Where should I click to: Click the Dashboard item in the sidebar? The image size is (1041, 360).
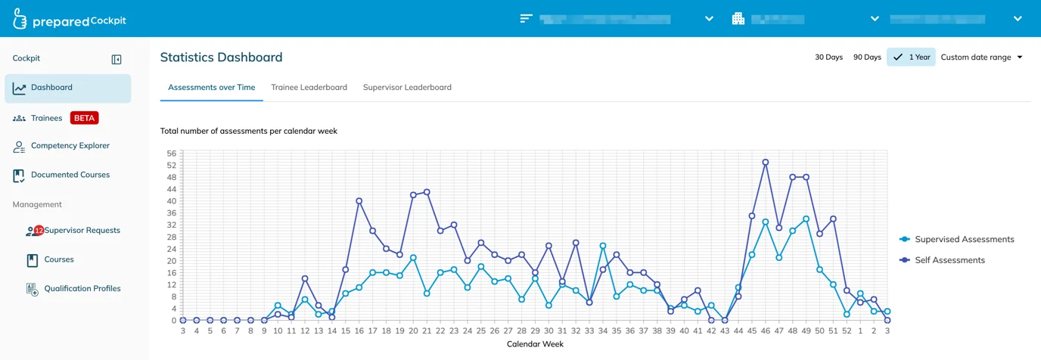click(51, 88)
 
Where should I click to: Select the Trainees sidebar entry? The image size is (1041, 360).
click(46, 118)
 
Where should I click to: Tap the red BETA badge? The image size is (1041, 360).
click(84, 118)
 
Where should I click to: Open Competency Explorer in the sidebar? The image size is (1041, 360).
click(70, 146)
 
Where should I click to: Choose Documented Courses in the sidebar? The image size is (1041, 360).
click(70, 175)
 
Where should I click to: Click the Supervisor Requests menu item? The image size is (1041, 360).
click(82, 231)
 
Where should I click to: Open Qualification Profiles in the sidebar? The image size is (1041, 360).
click(82, 289)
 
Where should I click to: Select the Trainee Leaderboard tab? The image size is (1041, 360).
click(309, 88)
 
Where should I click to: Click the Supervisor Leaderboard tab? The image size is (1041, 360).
click(407, 88)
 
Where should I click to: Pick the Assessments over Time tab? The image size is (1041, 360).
click(212, 88)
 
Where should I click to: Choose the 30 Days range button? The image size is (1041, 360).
click(828, 57)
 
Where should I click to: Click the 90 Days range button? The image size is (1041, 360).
click(867, 57)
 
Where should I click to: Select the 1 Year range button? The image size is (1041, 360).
click(912, 57)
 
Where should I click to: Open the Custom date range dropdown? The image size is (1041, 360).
click(981, 57)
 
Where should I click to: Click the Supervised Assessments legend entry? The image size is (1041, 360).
click(964, 240)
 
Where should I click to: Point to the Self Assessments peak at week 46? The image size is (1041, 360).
click(766, 162)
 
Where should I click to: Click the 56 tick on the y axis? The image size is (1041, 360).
click(172, 154)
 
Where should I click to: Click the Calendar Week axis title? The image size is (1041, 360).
click(535, 344)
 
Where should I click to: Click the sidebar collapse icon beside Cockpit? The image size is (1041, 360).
click(117, 60)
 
